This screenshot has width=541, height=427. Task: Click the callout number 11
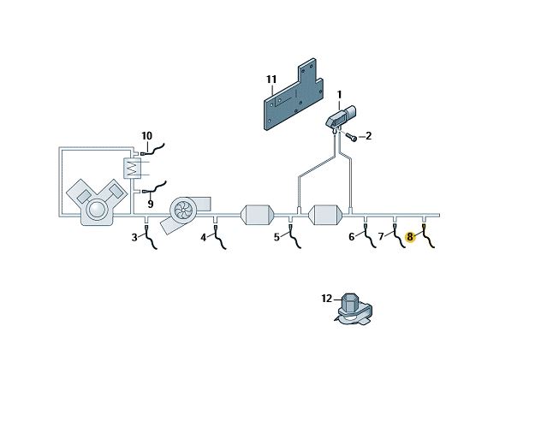(x=271, y=80)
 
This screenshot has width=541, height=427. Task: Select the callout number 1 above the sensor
(x=340, y=95)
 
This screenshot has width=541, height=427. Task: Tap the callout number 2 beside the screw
(x=368, y=136)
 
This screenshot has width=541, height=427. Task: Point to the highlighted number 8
(x=410, y=237)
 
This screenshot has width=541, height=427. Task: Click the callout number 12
(x=326, y=299)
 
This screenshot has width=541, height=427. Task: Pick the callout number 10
(x=146, y=136)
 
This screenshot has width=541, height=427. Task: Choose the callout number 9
(x=151, y=204)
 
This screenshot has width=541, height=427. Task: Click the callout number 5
(x=276, y=237)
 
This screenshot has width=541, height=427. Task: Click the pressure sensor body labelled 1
(x=341, y=117)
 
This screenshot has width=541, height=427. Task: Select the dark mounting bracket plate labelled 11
(x=294, y=94)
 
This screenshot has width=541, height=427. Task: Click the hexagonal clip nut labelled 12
(x=353, y=309)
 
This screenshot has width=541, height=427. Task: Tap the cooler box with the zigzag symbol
(x=132, y=168)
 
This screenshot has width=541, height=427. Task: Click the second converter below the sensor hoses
(x=325, y=215)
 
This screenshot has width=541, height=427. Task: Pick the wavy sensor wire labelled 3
(x=150, y=237)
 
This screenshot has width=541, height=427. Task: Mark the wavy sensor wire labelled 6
(x=369, y=236)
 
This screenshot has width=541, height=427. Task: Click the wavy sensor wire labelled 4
(x=219, y=237)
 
